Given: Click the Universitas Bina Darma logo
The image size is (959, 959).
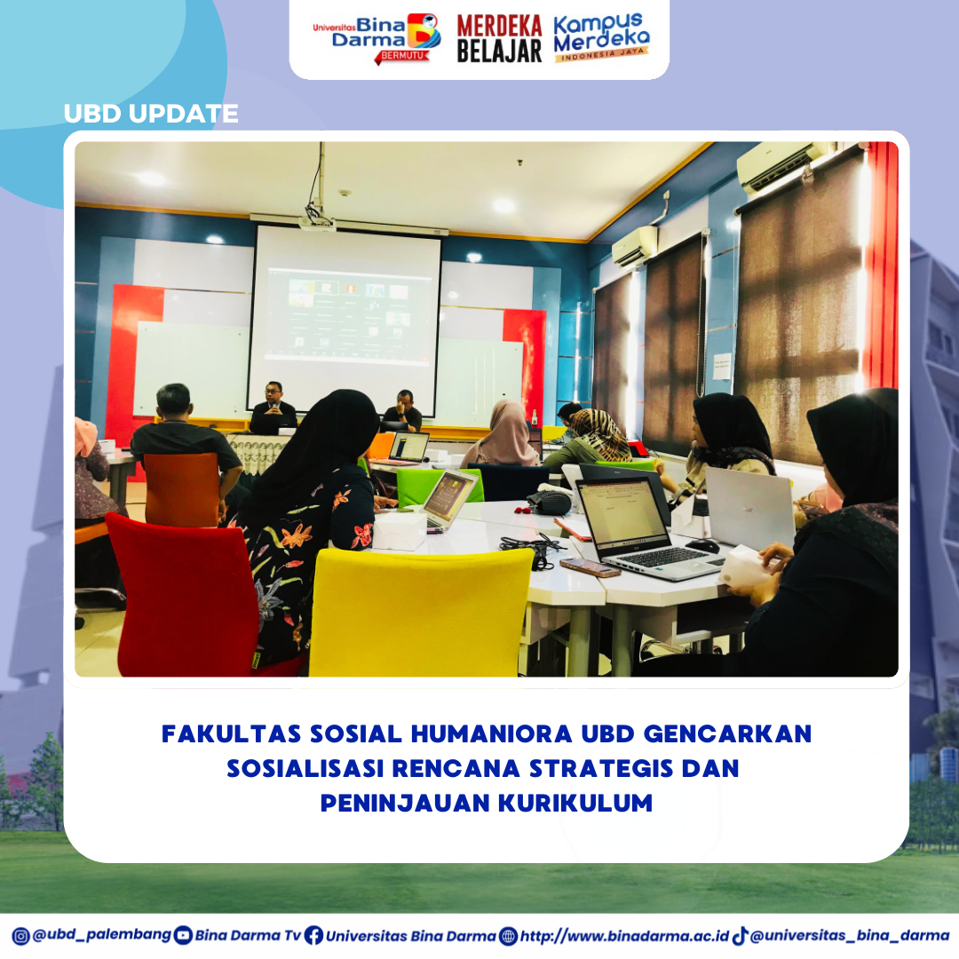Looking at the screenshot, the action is [x=376, y=38].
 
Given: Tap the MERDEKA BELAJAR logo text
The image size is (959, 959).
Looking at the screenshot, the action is [x=499, y=38].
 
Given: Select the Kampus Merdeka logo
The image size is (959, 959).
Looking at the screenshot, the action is [x=600, y=37].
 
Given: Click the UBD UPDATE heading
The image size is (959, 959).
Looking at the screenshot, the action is [x=151, y=114].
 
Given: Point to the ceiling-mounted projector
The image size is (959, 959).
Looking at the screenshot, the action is [x=316, y=221].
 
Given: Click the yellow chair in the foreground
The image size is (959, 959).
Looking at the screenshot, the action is [x=421, y=612].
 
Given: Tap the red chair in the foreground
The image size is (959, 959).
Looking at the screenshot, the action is [x=184, y=597].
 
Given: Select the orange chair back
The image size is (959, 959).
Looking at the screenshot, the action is [x=182, y=490].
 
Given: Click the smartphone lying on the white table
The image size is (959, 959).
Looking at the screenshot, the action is [x=590, y=567].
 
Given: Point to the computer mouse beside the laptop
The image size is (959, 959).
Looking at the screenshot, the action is [x=702, y=545].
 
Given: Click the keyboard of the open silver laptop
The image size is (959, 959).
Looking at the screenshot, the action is [x=663, y=557].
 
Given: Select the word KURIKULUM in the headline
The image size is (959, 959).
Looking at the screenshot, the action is [x=575, y=803].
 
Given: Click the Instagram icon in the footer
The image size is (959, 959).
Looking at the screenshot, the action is [x=20, y=937].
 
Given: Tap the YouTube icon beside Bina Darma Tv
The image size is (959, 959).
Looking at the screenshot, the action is [x=183, y=936].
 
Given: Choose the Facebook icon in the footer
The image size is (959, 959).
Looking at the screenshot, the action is [x=313, y=936].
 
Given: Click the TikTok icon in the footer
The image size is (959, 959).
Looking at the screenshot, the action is [x=740, y=936].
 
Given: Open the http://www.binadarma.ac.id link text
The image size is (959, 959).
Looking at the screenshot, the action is [x=624, y=937].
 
